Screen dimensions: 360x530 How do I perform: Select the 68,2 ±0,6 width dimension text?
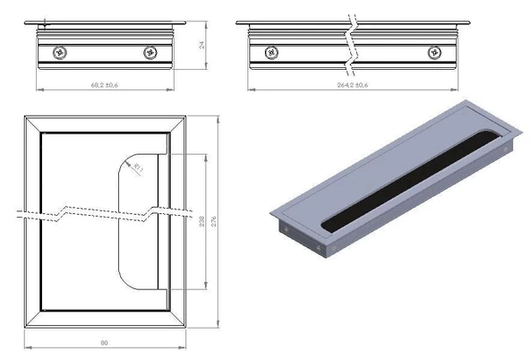click(x=106, y=85)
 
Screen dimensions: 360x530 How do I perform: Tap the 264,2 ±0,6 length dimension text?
click(x=351, y=85)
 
